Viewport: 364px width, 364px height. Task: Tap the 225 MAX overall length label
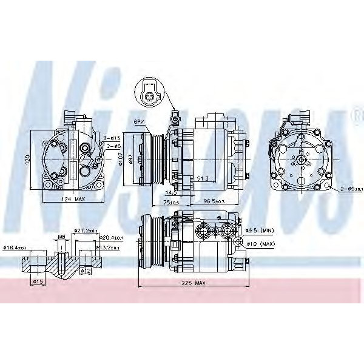pos(195,283)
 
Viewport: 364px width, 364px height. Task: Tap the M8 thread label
pos(61,237)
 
